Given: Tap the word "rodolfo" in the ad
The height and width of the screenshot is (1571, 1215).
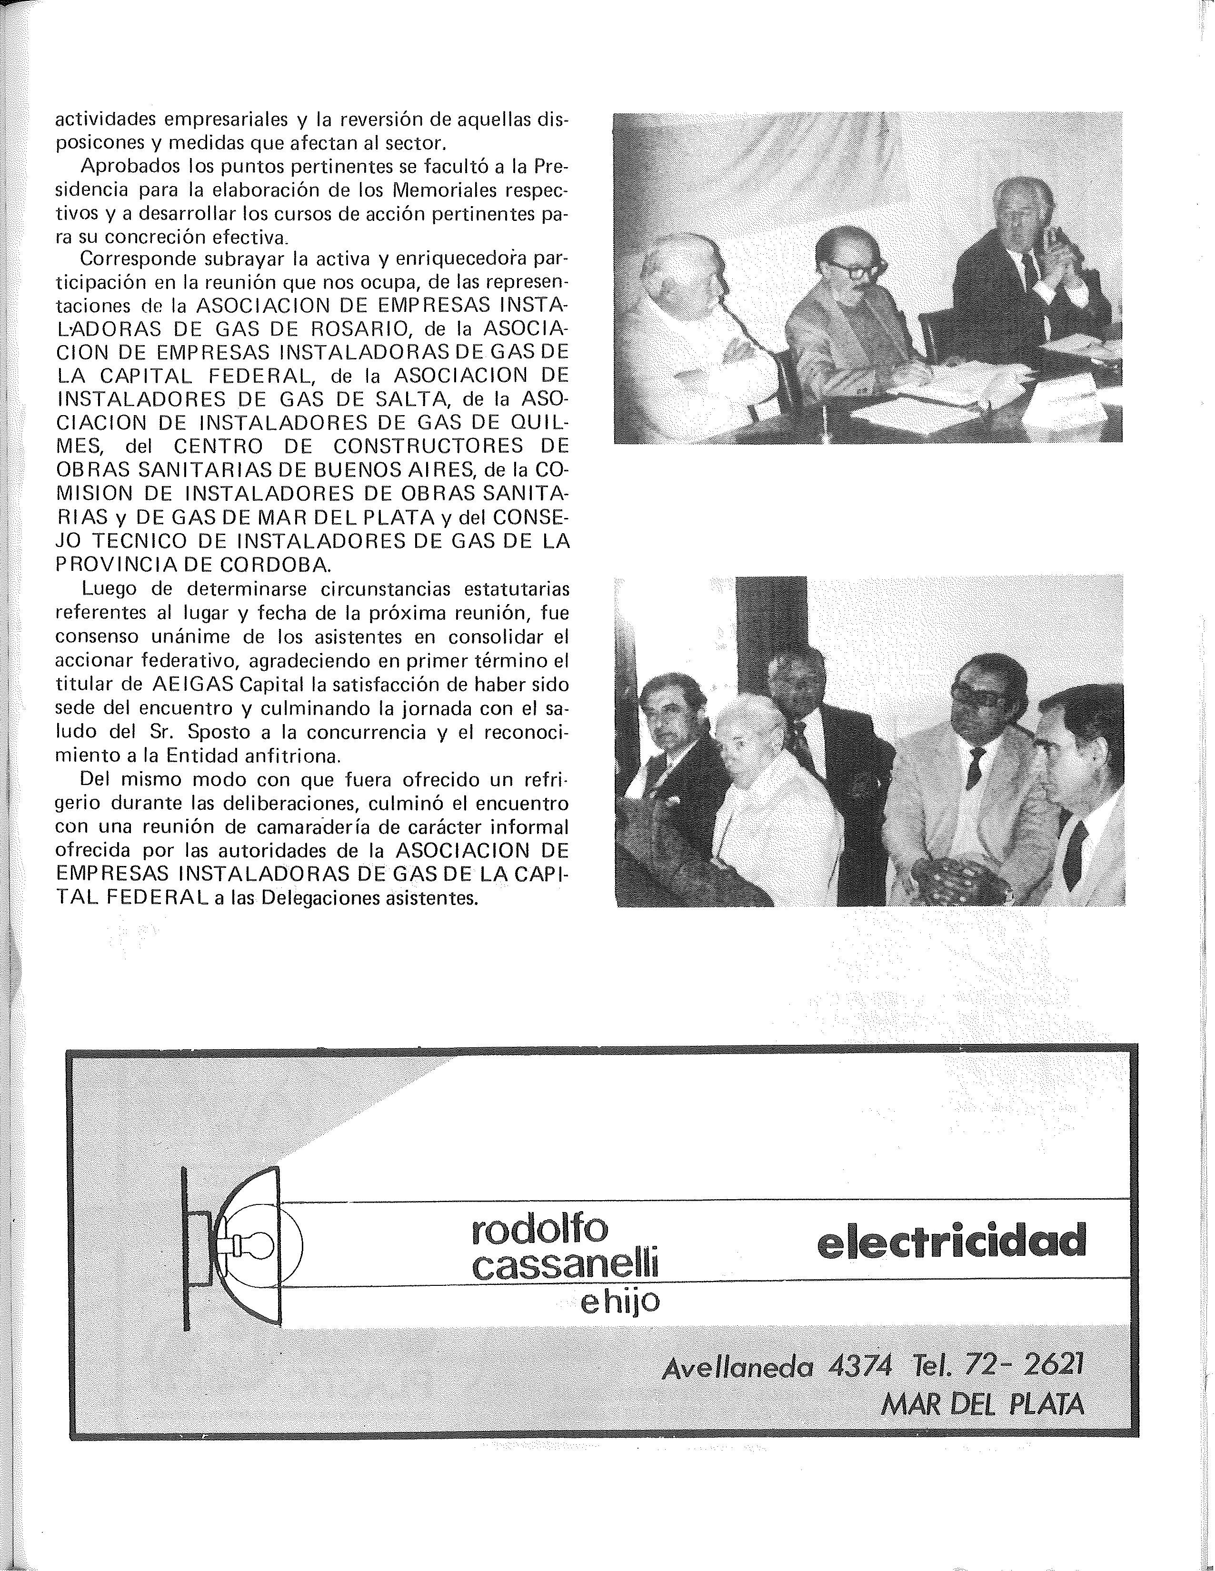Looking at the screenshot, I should click(539, 1230).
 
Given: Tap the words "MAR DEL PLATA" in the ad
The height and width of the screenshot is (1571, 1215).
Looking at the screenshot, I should click(981, 1403).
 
